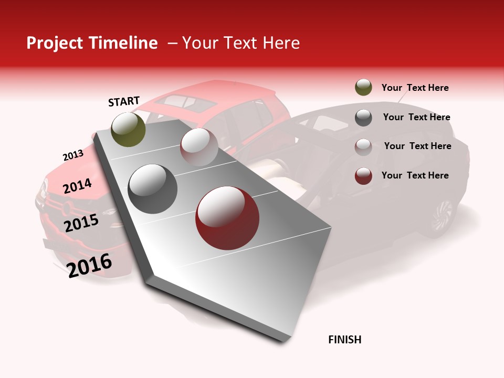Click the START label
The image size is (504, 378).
tap(124, 101)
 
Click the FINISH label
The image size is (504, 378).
tap(344, 340)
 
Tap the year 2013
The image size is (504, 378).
tap(73, 155)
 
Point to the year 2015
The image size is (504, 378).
tap(81, 223)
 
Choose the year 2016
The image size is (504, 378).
tap(89, 266)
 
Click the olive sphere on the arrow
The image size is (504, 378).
tap(129, 129)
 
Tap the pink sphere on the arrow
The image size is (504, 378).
tap(199, 147)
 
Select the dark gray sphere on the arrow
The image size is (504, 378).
tap(153, 189)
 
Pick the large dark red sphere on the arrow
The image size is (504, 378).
tap(227, 218)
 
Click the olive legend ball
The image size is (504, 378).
tap(363, 88)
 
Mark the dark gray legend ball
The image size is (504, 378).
tap(363, 117)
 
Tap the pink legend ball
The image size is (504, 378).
tap(363, 146)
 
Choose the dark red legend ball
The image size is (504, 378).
tap(363, 176)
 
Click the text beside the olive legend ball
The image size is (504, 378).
tap(415, 88)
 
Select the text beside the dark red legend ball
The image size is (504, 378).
tap(415, 175)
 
